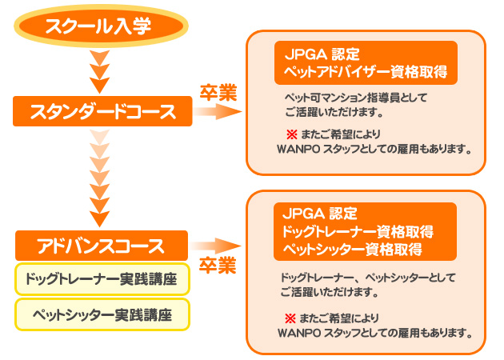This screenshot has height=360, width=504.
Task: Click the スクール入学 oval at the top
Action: pyautogui.click(x=98, y=27)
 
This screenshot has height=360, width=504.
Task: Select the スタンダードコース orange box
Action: pyautogui.click(x=102, y=111)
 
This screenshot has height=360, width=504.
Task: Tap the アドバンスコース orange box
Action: pyautogui.click(x=101, y=245)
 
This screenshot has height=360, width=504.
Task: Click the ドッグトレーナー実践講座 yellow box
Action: pyautogui.click(x=102, y=279)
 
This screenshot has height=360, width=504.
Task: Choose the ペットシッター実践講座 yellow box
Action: pyautogui.click(x=102, y=313)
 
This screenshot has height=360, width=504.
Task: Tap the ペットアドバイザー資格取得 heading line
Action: pyautogui.click(x=365, y=73)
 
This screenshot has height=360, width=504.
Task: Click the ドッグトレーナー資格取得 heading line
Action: pyautogui.click(x=358, y=232)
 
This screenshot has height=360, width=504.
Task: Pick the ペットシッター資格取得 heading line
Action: pyautogui.click(x=353, y=249)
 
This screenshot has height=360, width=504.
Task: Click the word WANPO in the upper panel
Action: pyautogui.click(x=295, y=149)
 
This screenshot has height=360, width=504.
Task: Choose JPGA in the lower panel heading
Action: pyautogui.click(x=300, y=214)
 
